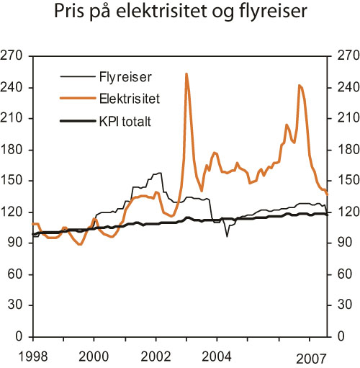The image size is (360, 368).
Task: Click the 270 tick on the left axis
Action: (16, 55)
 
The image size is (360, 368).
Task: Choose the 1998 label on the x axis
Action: (32, 356)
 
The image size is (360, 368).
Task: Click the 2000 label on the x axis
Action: (94, 356)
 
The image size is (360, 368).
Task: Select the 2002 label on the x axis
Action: (156, 356)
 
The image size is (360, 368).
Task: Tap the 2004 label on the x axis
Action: (218, 356)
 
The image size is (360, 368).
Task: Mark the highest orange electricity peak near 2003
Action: (186, 73)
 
